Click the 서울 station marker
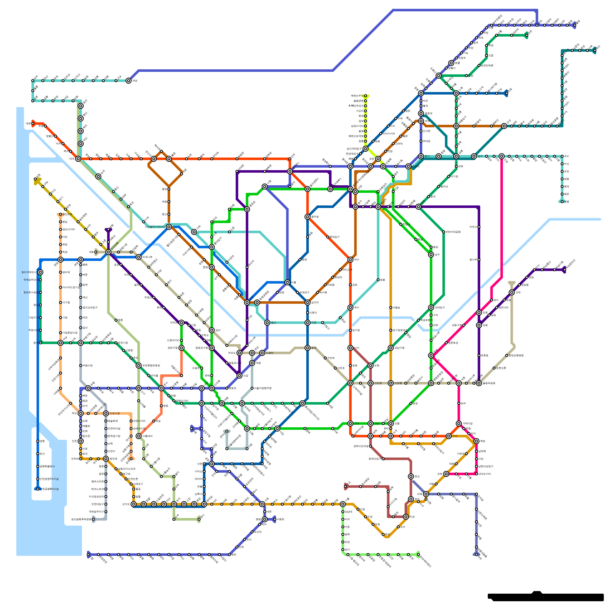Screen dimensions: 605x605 point(287,282)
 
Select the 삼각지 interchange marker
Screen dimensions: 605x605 point(307,302)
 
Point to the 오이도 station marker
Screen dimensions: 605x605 point(133,504)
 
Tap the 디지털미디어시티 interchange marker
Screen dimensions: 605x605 point(169,227)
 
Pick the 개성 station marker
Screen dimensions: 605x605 point(129,81)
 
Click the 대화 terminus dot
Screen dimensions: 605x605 point(33,123)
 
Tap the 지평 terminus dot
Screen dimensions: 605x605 point(594,50)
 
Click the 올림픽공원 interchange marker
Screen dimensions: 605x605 point(479,383)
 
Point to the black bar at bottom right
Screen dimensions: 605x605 point(546,597)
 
